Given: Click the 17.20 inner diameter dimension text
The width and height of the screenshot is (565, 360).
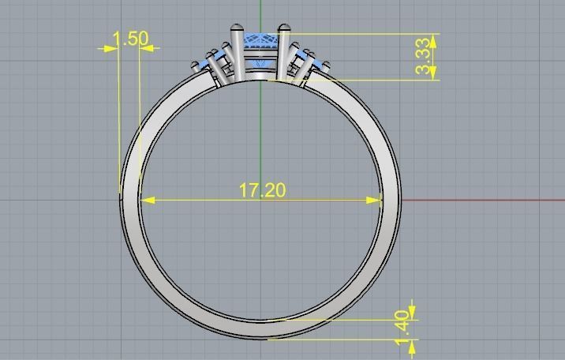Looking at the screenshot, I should pyautogui.click(x=261, y=190).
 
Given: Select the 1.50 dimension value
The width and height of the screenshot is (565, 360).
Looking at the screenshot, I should pyautogui.click(x=130, y=39).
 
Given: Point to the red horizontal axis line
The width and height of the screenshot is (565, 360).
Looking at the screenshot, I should pyautogui.click(x=481, y=200).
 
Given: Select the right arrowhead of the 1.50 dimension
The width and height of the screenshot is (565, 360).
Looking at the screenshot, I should pyautogui.click(x=145, y=48).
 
